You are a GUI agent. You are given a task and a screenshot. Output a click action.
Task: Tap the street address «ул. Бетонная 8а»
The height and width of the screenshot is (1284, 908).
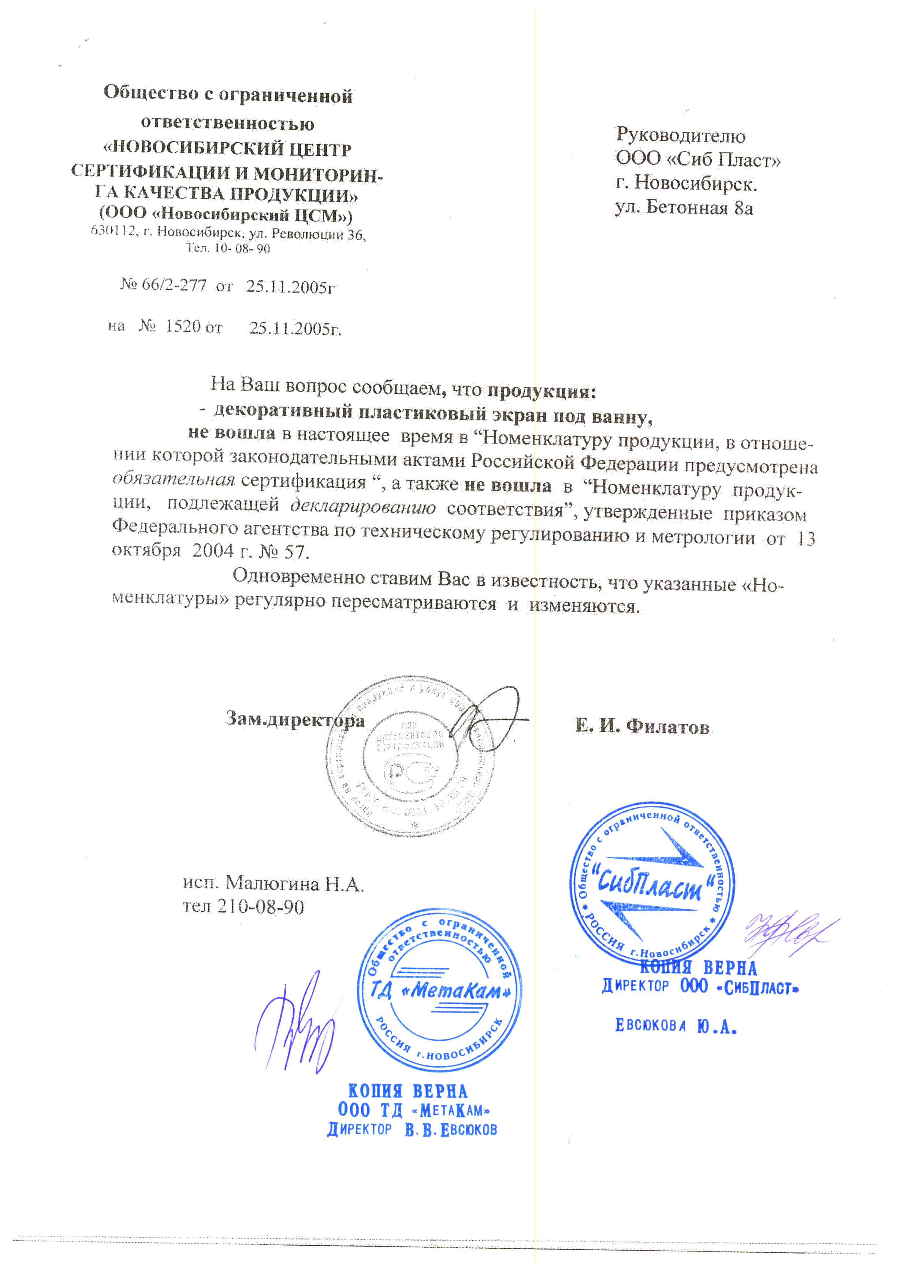click(x=684, y=208)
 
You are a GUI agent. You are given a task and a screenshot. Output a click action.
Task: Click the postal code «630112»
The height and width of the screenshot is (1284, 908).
click(x=113, y=230)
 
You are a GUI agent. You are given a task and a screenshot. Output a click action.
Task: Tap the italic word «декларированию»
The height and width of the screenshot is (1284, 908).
click(x=363, y=506)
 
